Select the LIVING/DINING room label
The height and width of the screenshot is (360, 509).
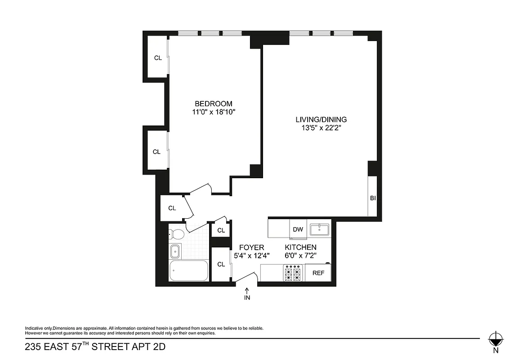(x=321, y=119)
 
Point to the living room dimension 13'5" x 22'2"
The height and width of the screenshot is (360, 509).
(x=321, y=128)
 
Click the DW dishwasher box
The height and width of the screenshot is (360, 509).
(x=298, y=229)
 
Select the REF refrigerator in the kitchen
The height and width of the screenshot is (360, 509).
(x=318, y=273)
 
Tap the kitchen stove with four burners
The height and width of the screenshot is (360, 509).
(x=292, y=273)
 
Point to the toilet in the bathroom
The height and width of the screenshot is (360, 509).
(x=176, y=234)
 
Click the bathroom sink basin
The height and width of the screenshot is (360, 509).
(x=175, y=251)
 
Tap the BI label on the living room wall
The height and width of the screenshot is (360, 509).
(x=372, y=198)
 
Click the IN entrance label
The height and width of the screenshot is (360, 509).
(x=247, y=298)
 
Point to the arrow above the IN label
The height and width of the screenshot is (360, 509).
(x=247, y=291)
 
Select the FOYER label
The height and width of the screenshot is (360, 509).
(x=251, y=247)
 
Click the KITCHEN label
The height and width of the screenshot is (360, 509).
(x=300, y=247)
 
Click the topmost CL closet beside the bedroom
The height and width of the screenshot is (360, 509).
(x=157, y=58)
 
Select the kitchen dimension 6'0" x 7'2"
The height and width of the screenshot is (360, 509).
(x=300, y=256)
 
